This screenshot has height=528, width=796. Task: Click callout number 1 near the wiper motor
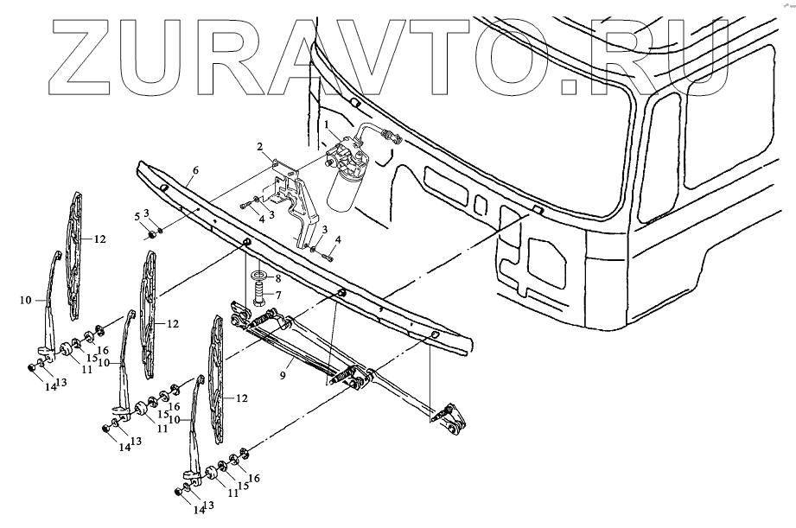[x=328, y=125]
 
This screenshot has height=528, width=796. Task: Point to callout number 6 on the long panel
[x=195, y=172]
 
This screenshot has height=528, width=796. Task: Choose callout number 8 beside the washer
[x=277, y=278]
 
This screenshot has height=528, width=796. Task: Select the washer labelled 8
[x=258, y=277]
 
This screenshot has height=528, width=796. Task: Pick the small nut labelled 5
[x=152, y=233]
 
